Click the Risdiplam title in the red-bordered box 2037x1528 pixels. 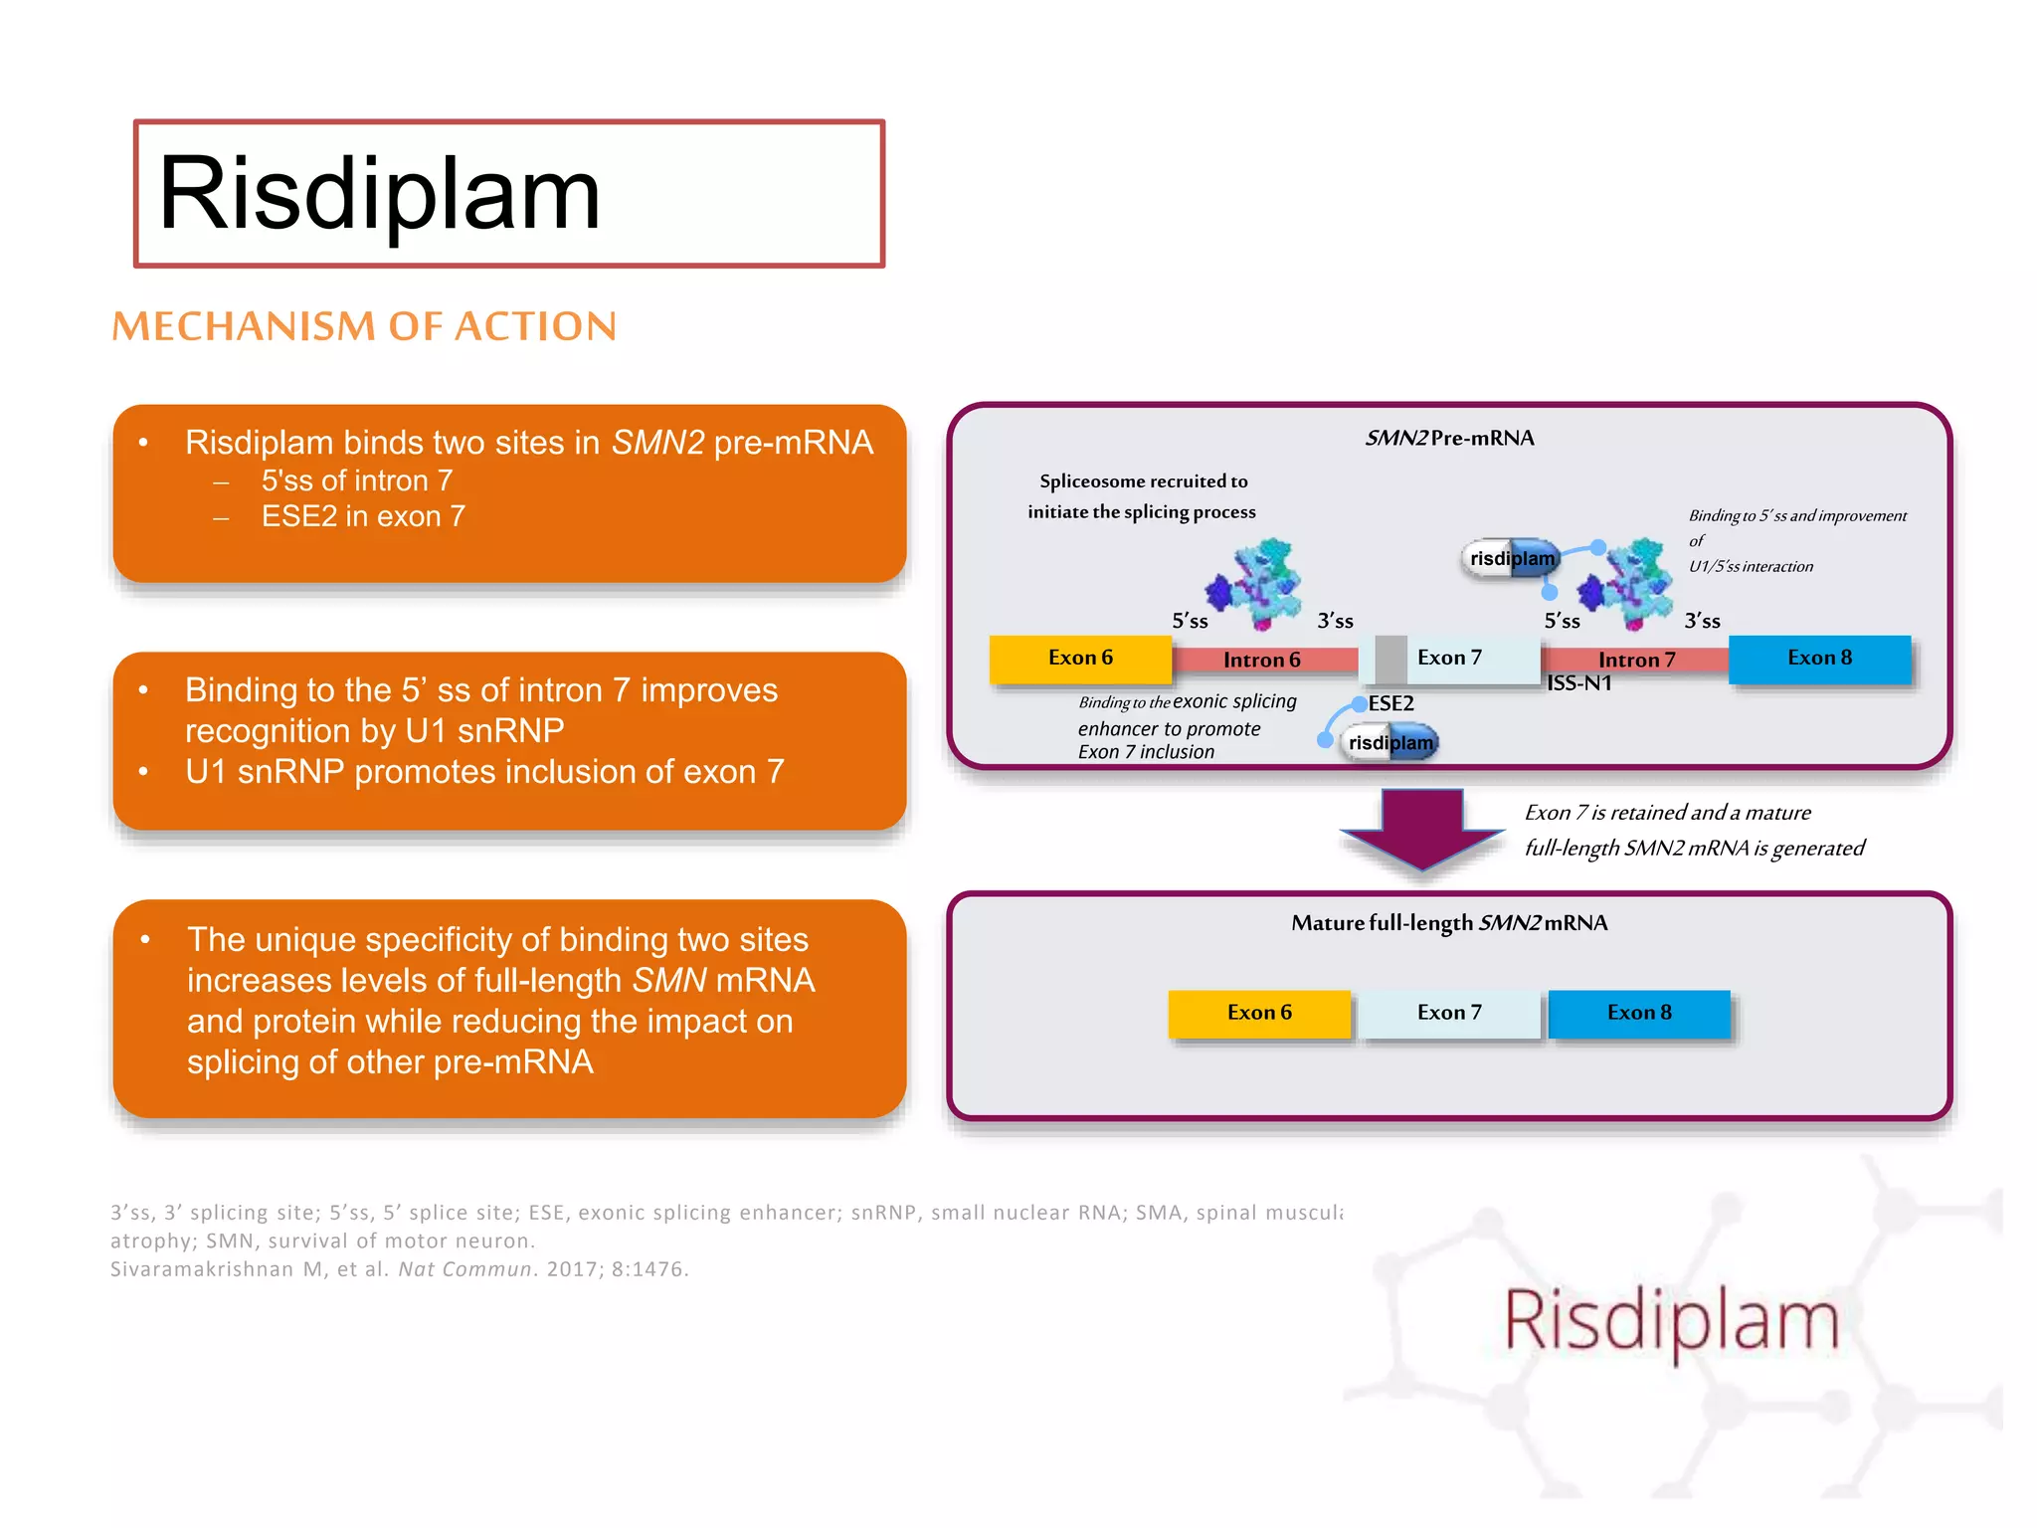click(x=379, y=194)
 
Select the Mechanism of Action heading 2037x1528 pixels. click(x=364, y=326)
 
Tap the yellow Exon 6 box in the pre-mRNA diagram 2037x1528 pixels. click(x=1080, y=659)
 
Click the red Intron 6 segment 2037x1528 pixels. click(x=1264, y=660)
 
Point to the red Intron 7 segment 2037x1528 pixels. click(x=1635, y=660)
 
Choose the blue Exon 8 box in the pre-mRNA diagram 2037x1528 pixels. click(x=1819, y=659)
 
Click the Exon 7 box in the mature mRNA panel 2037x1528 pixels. click(x=1449, y=1013)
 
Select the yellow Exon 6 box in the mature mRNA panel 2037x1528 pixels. click(x=1259, y=1013)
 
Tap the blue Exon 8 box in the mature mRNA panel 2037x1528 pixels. click(x=1639, y=1013)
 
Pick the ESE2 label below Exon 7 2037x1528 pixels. click(x=1390, y=703)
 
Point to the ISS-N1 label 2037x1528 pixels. click(x=1579, y=683)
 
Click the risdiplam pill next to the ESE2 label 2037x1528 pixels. click(x=1390, y=742)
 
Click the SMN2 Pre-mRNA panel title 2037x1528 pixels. click(x=1449, y=438)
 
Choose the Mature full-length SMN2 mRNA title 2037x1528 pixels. click(x=1449, y=923)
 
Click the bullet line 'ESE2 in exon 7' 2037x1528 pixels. click(x=363, y=516)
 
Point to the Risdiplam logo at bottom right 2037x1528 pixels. click(x=1671, y=1321)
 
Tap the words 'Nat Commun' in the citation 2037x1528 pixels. click(x=464, y=1269)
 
